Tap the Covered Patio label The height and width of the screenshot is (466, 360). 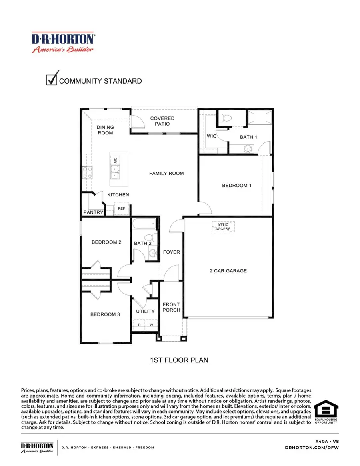pyautogui.click(x=162, y=121)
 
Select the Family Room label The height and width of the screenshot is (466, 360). pyautogui.click(x=166, y=173)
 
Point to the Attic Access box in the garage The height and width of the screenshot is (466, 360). pyautogui.click(x=223, y=227)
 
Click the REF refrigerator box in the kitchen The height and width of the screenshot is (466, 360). pyautogui.click(x=121, y=208)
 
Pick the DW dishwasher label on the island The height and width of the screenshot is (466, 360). pyautogui.click(x=115, y=160)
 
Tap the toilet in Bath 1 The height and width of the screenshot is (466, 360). pyautogui.click(x=228, y=118)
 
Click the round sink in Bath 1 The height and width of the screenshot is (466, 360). pyautogui.click(x=248, y=150)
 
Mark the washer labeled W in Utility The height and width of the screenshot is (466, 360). pyautogui.click(x=152, y=325)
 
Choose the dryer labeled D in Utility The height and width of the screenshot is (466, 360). pyautogui.click(x=139, y=325)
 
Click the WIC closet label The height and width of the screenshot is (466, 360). pyautogui.click(x=212, y=136)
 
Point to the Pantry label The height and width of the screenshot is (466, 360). pyautogui.click(x=93, y=212)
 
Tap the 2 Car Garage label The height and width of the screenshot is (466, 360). pyautogui.click(x=228, y=271)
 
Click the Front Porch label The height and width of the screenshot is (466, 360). pyautogui.click(x=171, y=307)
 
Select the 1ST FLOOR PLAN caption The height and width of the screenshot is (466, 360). pyautogui.click(x=179, y=360)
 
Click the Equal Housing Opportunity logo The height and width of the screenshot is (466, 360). pyautogui.click(x=326, y=412)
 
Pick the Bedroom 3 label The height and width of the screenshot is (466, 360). pyautogui.click(x=105, y=314)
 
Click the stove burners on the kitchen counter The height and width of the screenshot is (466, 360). pyautogui.click(x=88, y=172)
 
